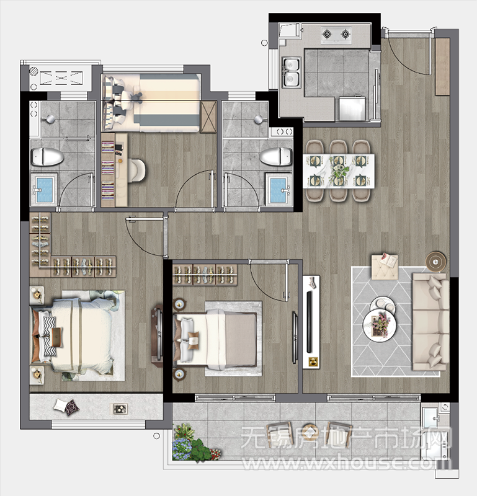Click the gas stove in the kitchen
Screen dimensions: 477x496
tap(336, 33)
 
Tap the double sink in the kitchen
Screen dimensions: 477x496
tap(291, 73)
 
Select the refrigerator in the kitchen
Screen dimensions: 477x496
tap(352, 108)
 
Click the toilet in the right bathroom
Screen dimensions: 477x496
tap(275, 156)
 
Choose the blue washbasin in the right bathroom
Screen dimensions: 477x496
tap(279, 190)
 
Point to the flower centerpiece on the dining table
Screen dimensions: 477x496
tap(339, 171)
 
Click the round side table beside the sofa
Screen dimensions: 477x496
tap(436, 262)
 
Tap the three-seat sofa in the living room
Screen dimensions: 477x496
tap(430, 322)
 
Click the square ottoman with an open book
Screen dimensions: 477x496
tap(385, 267)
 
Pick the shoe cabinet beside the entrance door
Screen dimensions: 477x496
tap(442, 66)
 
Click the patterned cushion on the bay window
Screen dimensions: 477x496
tap(72, 407)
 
